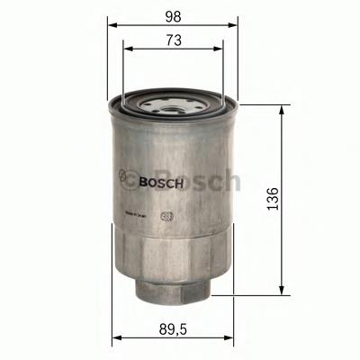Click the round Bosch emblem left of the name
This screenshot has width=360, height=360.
click(x=126, y=178)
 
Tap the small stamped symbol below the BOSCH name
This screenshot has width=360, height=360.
click(x=166, y=215)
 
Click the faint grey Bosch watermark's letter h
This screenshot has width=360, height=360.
click(x=232, y=180)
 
